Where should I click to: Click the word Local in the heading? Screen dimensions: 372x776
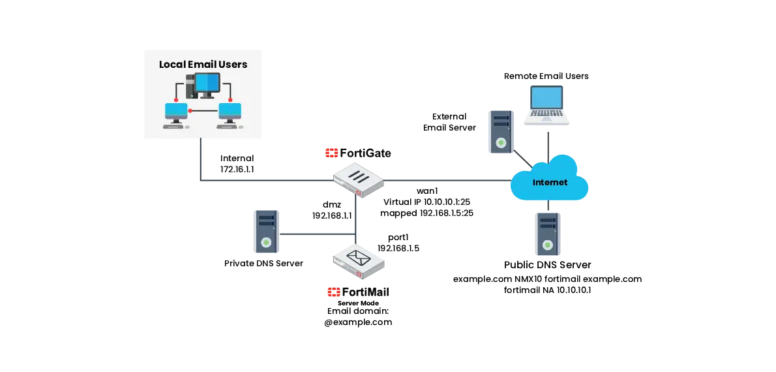coord(173,65)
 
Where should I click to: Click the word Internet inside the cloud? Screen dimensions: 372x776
coord(550,182)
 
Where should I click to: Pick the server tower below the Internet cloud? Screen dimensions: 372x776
coord(548,232)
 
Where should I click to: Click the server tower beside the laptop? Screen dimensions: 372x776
coord(501,132)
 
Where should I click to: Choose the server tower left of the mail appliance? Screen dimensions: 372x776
coord(266,232)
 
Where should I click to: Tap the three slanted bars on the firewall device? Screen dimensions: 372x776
coord(358,175)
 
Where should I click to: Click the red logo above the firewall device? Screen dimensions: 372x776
coord(331,153)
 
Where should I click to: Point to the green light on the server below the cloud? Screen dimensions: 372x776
coord(548,245)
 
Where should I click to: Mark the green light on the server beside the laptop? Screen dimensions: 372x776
coord(501,143)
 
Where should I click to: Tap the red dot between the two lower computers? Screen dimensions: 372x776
coord(190,110)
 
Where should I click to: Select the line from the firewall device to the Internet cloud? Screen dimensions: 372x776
coord(443,179)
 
